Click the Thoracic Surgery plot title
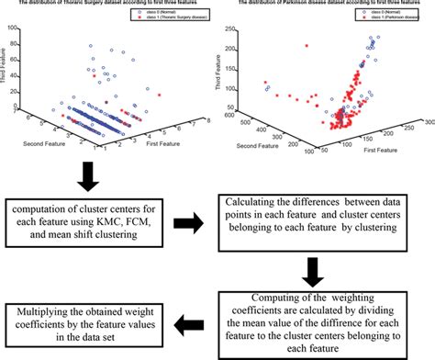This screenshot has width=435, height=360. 108,4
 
